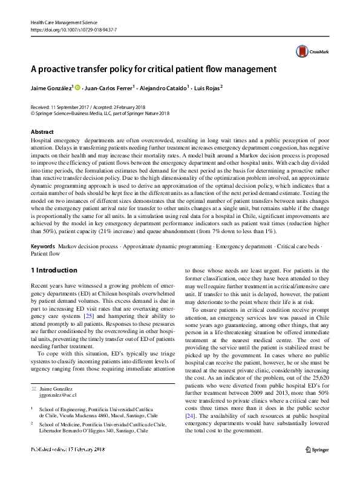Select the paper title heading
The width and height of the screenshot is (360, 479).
coord(154,69)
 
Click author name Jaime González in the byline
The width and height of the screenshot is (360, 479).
coord(51,88)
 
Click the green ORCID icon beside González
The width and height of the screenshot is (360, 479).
coord(79,88)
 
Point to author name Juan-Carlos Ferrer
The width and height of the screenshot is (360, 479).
coord(112,88)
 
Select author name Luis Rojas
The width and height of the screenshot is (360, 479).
coord(208,88)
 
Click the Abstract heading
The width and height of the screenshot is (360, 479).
coord(42,131)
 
